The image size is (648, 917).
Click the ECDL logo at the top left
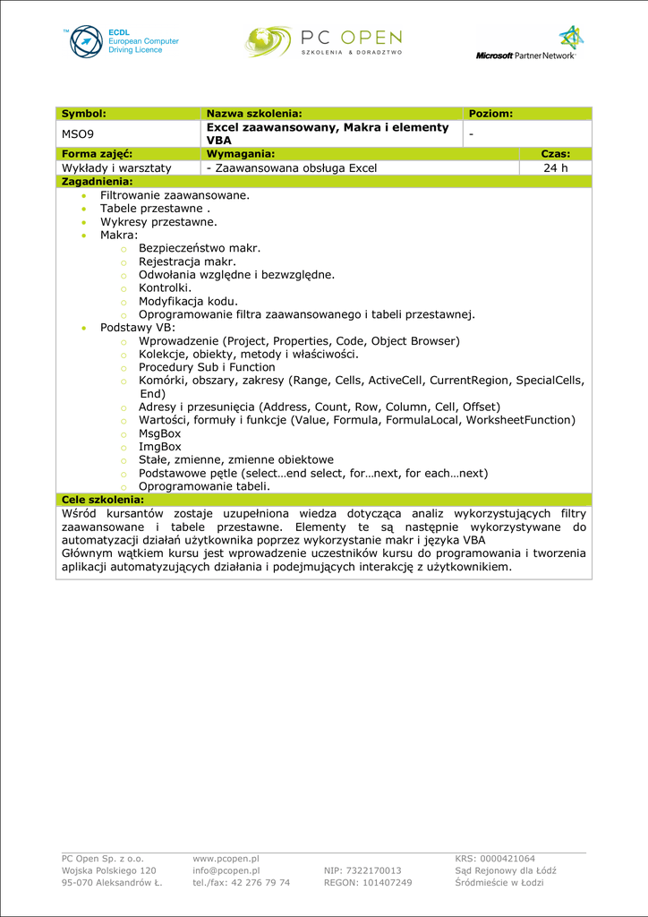[122, 42]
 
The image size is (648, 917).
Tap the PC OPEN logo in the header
[323, 41]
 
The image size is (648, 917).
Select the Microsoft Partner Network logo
[527, 43]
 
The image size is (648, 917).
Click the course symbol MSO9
[77, 134]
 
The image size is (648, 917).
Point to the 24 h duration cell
[555, 167]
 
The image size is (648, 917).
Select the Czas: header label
[555, 154]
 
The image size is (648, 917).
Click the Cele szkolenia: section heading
[102, 499]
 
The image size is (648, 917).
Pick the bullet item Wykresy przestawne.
[158, 221]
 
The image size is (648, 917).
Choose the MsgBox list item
[159, 433]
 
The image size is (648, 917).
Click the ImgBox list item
[159, 446]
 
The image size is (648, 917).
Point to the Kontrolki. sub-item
[165, 287]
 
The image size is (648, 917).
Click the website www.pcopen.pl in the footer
[226, 858]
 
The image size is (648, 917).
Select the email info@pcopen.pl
[226, 870]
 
